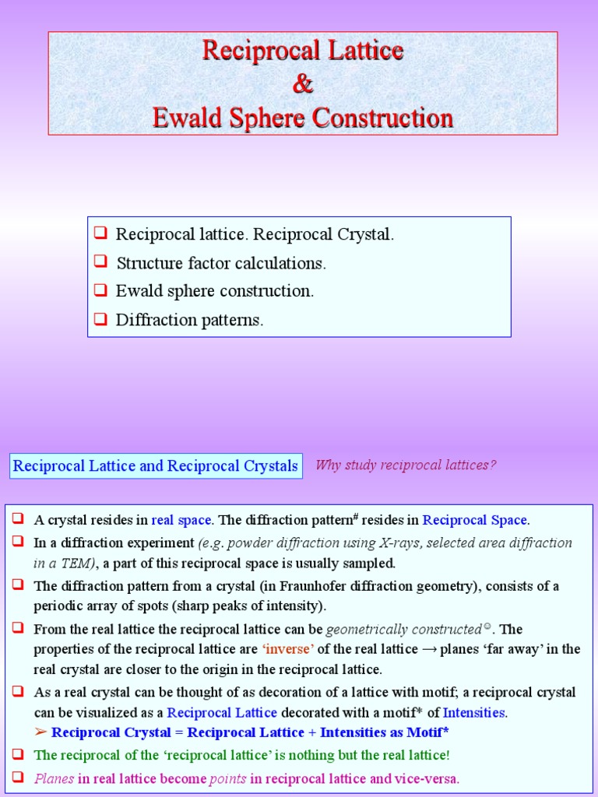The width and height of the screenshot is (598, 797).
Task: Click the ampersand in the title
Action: [303, 84]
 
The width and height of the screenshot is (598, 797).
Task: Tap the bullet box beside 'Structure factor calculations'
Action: [100, 262]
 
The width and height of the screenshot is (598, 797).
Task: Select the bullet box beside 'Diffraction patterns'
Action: [100, 318]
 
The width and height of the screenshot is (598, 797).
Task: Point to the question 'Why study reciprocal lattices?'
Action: [405, 465]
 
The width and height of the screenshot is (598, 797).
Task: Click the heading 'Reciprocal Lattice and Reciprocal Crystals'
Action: [156, 466]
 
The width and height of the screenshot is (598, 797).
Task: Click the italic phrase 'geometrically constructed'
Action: [403, 629]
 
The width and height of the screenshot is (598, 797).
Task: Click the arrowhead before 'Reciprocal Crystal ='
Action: [41, 732]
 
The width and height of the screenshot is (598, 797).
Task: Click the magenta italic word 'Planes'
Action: [54, 778]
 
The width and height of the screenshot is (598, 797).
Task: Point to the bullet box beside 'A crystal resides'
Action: [18, 519]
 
